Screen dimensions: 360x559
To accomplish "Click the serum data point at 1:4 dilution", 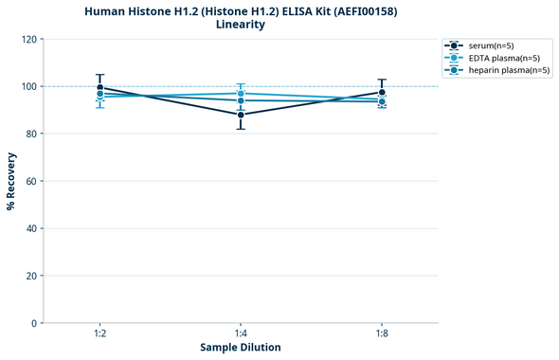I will click(241, 115).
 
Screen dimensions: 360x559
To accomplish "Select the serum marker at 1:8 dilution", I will click(382, 93).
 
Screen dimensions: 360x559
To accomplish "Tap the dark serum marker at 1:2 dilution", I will click(99, 88).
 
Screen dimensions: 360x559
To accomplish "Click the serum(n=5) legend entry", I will click(491, 45).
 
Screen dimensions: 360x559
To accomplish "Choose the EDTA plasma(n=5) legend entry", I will click(504, 58).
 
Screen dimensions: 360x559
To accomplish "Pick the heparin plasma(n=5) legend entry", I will click(509, 70).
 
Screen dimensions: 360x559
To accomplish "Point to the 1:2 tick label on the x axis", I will click(99, 334).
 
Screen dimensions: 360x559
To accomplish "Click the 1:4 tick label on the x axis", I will click(241, 334).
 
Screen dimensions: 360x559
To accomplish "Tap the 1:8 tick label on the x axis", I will click(382, 334).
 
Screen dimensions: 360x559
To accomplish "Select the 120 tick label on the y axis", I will click(27, 40).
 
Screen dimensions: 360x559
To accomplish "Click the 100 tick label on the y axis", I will click(27, 87).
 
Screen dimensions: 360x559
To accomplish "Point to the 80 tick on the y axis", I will click(30, 135).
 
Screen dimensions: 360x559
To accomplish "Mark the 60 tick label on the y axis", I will click(30, 182).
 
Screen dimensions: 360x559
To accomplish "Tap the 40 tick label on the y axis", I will click(30, 228).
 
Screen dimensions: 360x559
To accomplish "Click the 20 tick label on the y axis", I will click(30, 276).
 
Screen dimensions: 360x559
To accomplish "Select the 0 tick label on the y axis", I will click(33, 323).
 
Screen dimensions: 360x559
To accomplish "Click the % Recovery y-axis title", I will click(11, 181).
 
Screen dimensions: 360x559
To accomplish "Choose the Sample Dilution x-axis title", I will click(241, 348).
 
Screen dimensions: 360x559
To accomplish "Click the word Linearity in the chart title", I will click(241, 25).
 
